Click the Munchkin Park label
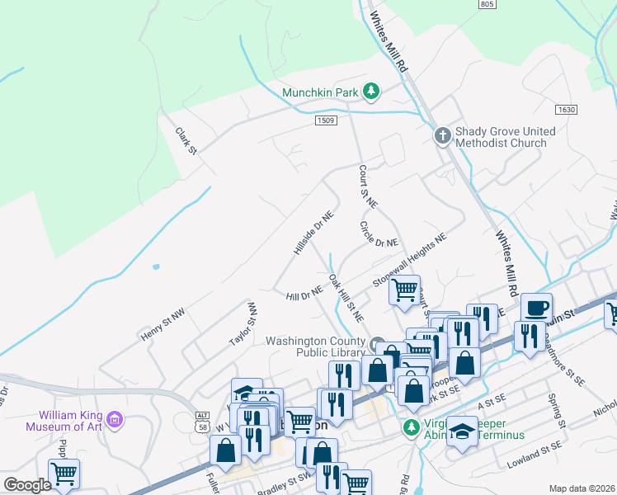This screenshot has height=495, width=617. pos(320,92)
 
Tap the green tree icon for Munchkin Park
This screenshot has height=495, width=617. pos(371,92)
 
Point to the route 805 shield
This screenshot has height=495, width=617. pos(487,4)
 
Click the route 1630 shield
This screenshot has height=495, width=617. pos(566,109)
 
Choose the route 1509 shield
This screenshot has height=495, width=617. pos(326,120)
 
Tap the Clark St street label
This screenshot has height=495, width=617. pos(186,140)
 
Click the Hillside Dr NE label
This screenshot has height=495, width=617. pos(313,231)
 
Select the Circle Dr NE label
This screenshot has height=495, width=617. pos(379,233)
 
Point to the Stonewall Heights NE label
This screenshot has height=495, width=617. pos(409,259)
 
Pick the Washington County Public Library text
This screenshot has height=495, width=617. pos(316,347)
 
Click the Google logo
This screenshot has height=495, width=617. pos(26,484)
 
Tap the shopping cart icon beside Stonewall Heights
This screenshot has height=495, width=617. pos(404,290)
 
